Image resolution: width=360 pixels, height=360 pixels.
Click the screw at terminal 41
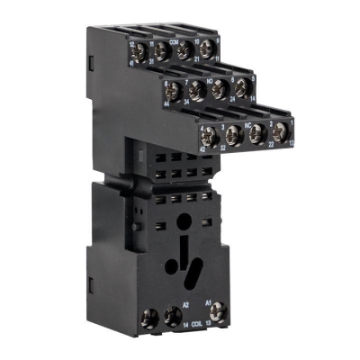[142, 51]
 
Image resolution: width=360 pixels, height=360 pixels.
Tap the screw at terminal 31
[164, 52]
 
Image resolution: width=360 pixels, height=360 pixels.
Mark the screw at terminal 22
[256, 134]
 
